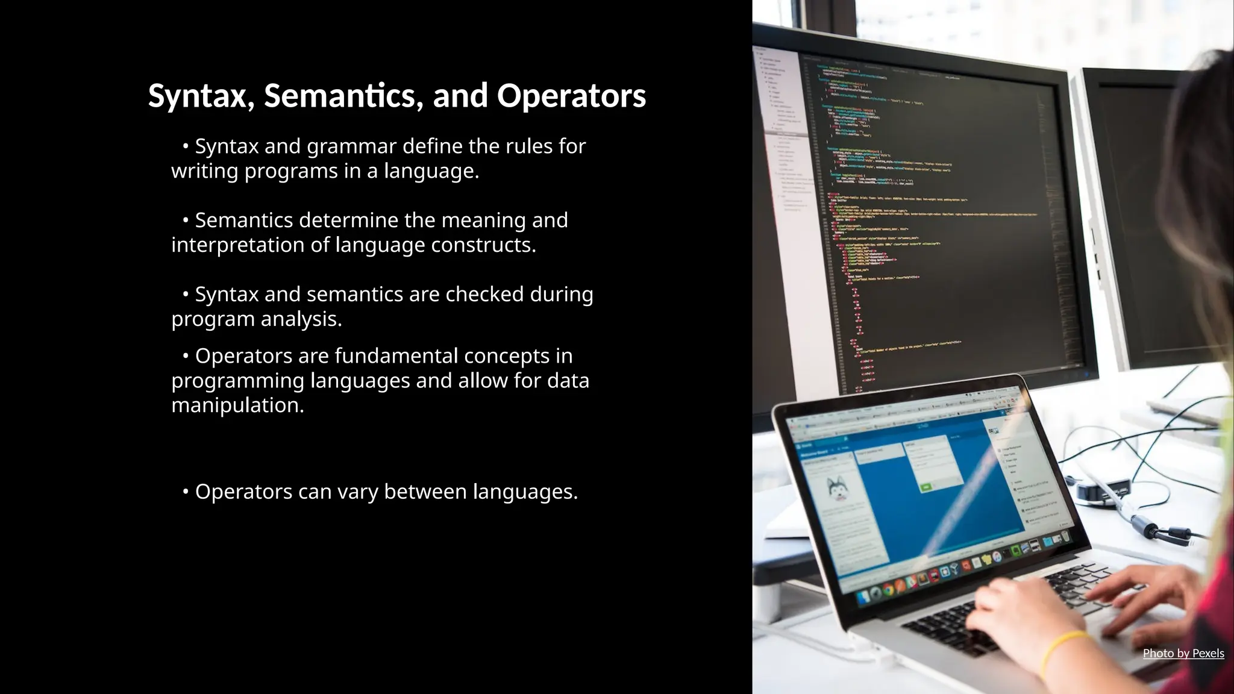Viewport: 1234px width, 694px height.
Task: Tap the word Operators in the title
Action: tap(571, 96)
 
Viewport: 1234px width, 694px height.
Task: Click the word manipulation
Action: tap(237, 405)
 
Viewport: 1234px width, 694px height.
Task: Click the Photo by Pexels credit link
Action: tap(1183, 653)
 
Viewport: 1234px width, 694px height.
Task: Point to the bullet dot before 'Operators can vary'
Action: tap(186, 492)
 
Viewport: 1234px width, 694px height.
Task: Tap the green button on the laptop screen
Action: tap(926, 487)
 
